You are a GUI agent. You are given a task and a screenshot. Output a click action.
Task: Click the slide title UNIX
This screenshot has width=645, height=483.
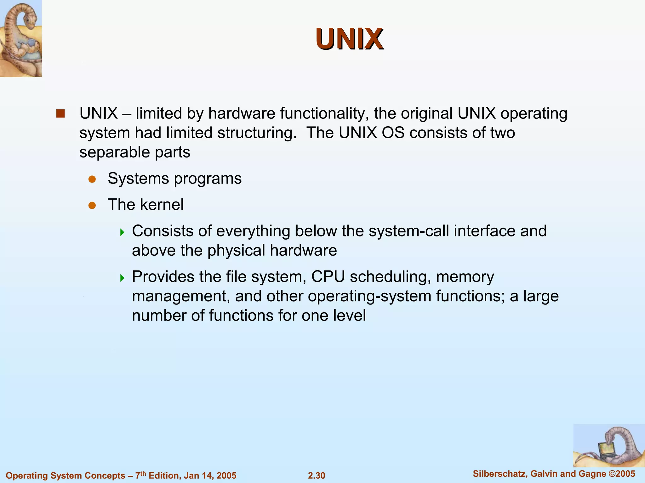pos(350,39)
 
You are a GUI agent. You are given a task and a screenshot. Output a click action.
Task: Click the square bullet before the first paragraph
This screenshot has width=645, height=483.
pos(60,113)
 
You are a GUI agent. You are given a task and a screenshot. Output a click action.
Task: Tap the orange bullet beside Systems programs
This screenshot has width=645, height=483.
pos(92,179)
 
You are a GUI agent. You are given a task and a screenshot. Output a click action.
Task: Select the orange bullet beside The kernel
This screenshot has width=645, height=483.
pos(92,206)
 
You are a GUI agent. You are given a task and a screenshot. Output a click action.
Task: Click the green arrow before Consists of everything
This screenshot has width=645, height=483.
pos(122,233)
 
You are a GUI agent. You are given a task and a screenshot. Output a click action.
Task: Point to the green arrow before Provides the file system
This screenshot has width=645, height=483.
pos(122,278)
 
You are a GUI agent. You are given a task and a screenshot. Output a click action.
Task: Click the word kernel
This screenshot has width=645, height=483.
pos(162,205)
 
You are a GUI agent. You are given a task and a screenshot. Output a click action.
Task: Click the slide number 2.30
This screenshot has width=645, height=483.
pos(317,475)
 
